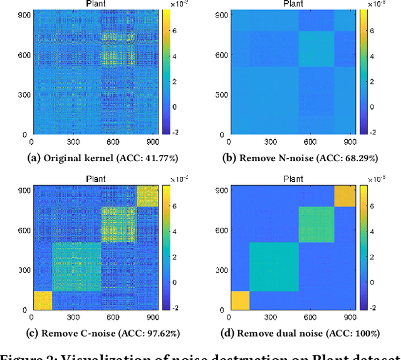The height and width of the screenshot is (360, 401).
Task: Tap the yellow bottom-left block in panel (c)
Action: pyautogui.click(x=42, y=300)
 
